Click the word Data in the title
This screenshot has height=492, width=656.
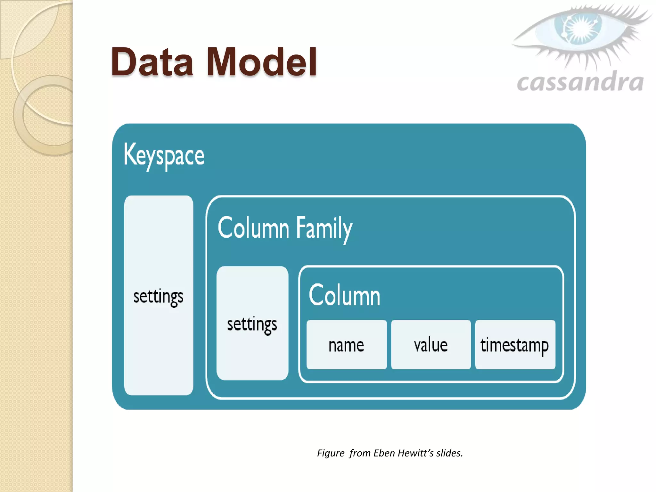[152, 62]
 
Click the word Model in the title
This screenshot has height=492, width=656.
[262, 62]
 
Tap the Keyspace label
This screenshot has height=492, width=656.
[164, 156]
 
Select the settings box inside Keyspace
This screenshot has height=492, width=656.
[159, 295]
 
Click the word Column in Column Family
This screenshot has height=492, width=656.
[253, 228]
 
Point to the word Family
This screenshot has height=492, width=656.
[324, 228]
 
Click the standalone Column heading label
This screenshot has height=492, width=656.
[344, 295]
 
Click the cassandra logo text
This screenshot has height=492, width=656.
[580, 82]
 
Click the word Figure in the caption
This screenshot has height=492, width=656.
[331, 453]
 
